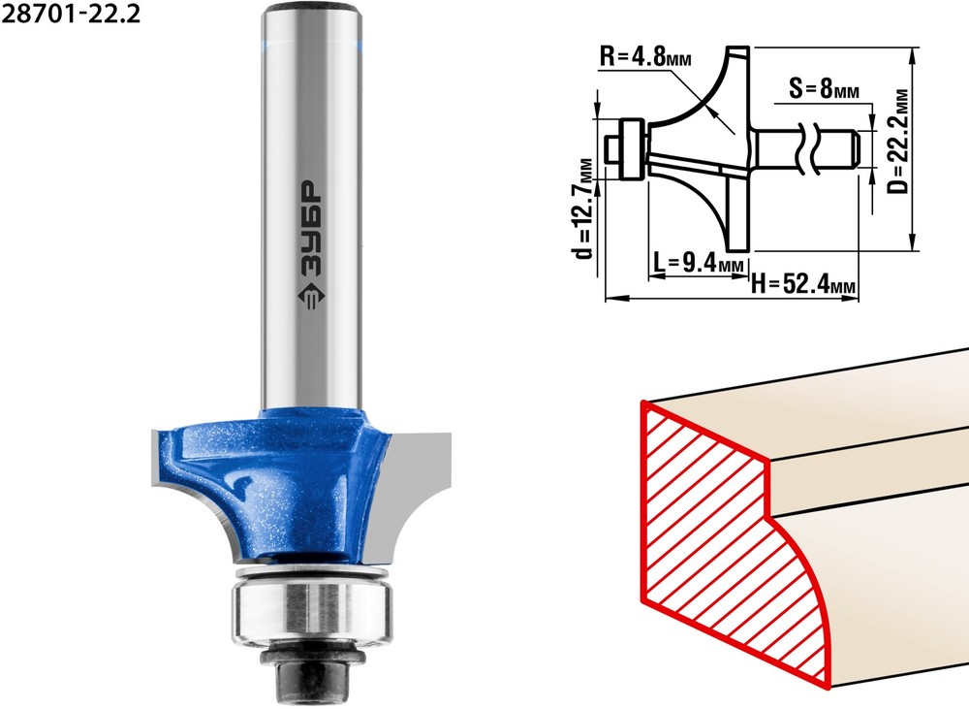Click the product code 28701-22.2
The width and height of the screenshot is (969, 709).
(71, 13)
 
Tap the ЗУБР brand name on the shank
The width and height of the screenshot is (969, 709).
(310, 229)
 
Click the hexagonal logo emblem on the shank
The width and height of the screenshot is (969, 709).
(310, 298)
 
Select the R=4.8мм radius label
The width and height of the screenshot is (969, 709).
(645, 57)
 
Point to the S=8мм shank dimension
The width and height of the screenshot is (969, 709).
(825, 88)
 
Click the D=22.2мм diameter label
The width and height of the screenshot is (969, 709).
(900, 141)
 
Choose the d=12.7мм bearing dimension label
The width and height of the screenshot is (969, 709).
(583, 209)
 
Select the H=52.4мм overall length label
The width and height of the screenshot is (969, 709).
(803, 284)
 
